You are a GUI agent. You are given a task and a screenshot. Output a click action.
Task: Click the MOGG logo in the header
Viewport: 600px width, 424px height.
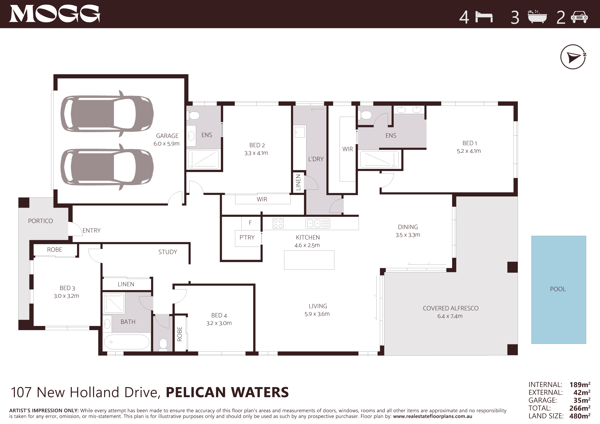[x=55, y=14]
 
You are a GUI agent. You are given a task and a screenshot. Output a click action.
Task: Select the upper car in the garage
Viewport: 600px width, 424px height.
[x=107, y=114]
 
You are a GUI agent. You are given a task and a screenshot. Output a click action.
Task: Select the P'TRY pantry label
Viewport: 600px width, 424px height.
[x=247, y=237]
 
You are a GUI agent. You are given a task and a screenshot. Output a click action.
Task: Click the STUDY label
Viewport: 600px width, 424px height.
[x=168, y=252]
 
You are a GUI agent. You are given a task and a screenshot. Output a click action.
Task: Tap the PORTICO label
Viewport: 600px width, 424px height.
[x=41, y=221]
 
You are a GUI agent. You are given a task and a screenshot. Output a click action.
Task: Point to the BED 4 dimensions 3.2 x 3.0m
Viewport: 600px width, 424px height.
[x=219, y=323]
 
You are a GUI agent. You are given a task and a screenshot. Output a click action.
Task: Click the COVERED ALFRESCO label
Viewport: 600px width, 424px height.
[x=451, y=308]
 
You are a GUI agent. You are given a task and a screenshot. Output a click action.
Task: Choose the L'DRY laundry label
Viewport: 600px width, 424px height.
[x=316, y=159]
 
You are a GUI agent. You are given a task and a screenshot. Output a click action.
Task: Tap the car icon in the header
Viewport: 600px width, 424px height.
[x=579, y=17]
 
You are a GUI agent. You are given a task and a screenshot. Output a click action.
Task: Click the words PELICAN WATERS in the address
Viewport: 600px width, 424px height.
[x=227, y=392]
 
